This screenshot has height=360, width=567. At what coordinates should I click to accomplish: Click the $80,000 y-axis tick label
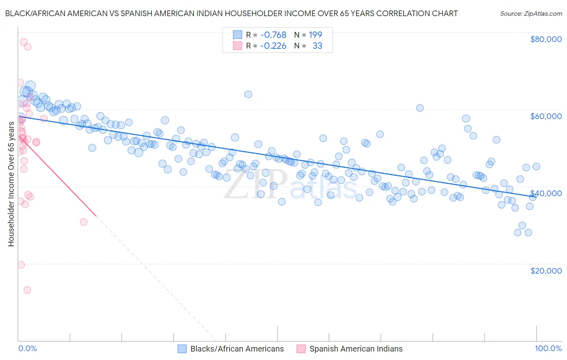point(546,39)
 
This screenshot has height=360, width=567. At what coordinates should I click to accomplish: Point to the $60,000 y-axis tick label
point(546,116)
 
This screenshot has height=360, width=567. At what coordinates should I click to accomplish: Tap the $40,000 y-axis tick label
point(546,193)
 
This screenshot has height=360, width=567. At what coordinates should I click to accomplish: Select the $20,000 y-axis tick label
point(546,270)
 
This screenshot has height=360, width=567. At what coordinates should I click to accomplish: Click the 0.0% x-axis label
point(27,349)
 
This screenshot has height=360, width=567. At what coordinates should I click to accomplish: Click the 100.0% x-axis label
point(548,349)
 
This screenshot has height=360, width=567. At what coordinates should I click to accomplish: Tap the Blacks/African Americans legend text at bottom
point(237,349)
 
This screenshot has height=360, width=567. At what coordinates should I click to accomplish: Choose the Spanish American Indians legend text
point(356,349)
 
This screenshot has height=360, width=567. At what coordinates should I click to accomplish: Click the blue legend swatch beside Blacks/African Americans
point(182,349)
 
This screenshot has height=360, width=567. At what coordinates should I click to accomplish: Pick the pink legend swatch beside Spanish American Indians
point(301,349)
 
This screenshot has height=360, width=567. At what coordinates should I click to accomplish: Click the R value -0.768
point(273,35)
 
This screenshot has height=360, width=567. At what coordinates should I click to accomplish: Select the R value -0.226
point(273,46)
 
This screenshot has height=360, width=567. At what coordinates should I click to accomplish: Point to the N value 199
point(315,35)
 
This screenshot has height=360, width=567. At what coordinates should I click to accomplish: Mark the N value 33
point(317,46)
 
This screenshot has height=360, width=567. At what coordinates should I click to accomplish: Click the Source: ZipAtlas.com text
point(531,14)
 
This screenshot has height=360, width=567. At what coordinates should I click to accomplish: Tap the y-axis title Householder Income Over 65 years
point(11,184)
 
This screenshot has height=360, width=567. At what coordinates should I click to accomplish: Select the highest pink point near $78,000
point(23,42)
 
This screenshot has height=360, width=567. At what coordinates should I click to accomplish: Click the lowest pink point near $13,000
point(27,290)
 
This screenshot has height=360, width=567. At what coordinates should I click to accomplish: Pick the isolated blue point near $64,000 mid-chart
point(248,94)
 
